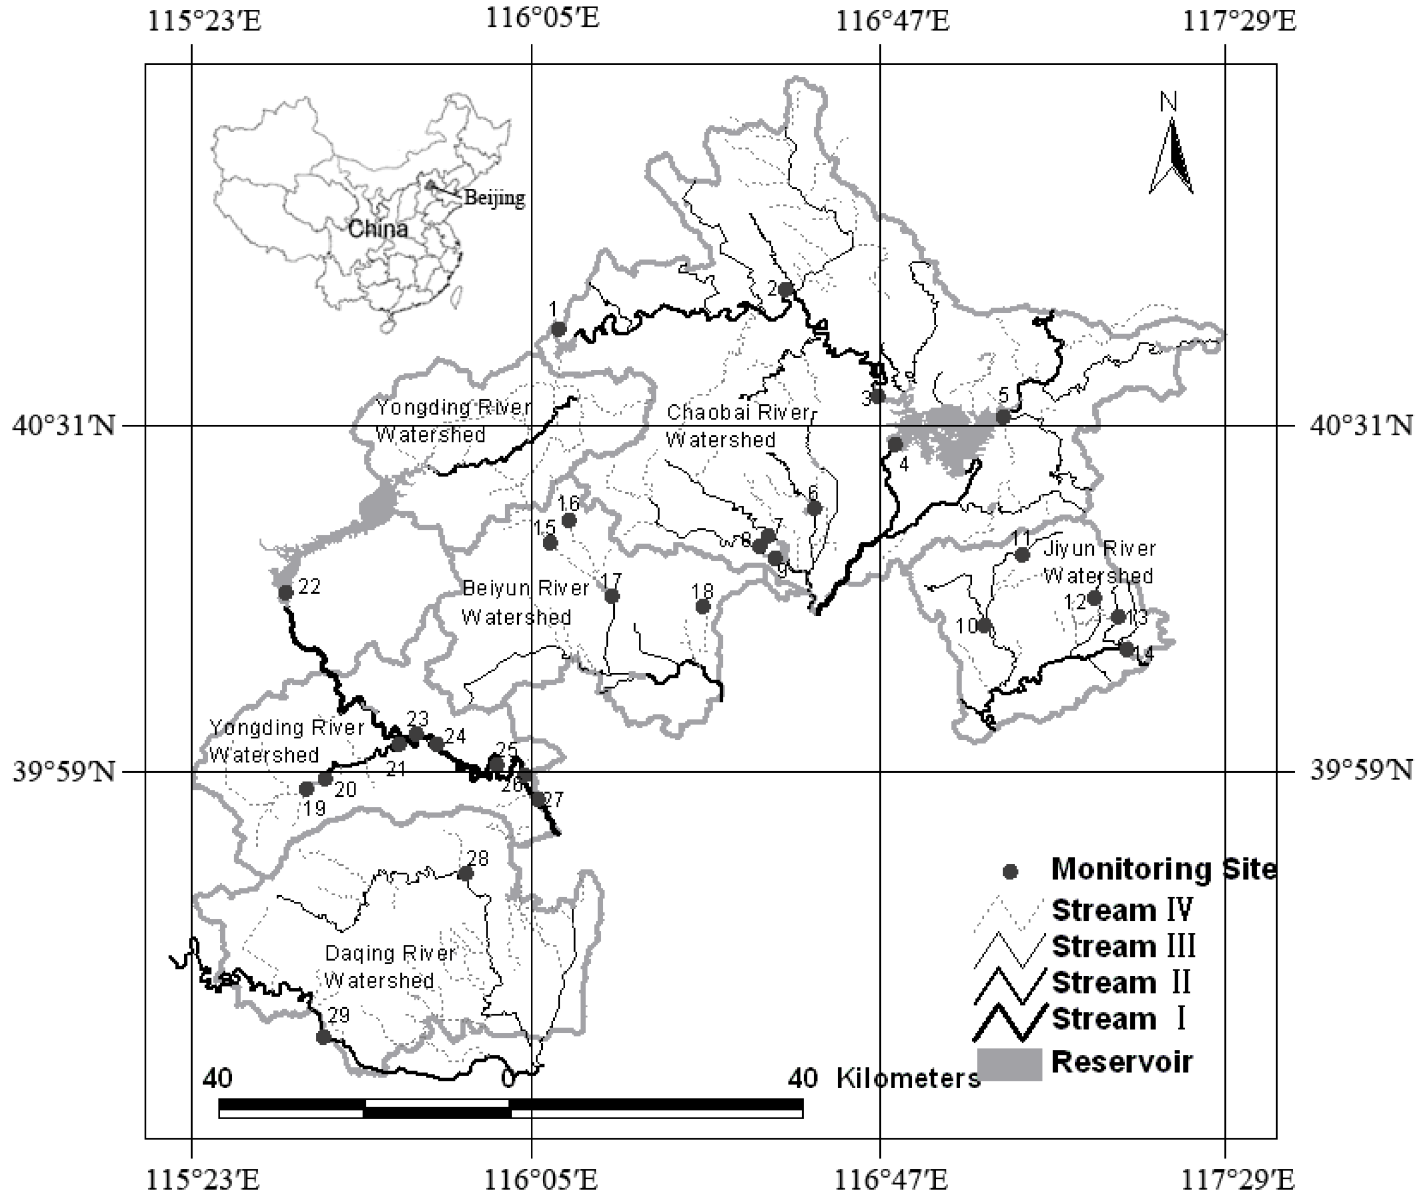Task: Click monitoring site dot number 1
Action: point(558,329)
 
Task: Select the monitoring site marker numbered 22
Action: point(286,593)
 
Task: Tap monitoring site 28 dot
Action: point(465,873)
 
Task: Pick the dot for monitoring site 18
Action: point(703,606)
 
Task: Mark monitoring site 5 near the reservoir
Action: point(1003,417)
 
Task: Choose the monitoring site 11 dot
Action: point(1022,555)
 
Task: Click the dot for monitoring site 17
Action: point(612,596)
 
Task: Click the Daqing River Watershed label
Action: point(389,967)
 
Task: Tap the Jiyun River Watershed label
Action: point(1099,562)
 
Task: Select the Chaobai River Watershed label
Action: point(738,426)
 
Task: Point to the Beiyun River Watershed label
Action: point(525,602)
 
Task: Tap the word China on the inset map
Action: point(378,228)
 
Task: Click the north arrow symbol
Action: point(1171,156)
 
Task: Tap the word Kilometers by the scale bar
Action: point(908,1078)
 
